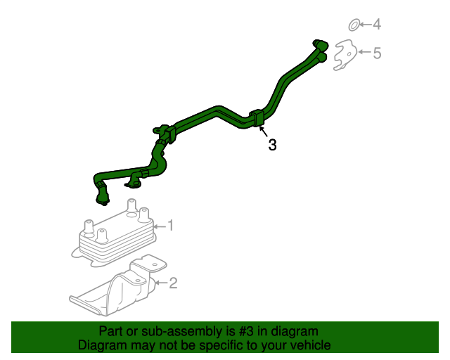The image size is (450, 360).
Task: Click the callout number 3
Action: pos(272,144)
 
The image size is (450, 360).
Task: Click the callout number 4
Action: pos(377,24)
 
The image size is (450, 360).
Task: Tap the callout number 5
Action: pos(377,53)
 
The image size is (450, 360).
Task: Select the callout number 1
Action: pos(170,226)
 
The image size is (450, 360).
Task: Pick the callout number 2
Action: pos(173,283)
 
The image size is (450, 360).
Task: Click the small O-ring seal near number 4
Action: pos(354,25)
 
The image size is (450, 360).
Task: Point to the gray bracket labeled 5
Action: pos(345,55)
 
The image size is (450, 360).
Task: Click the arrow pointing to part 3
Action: pos(264,131)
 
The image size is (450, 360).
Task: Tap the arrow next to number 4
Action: pos(366,25)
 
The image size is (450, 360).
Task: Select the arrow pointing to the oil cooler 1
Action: pos(160,226)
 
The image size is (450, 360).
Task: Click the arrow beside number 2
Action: pos(161,283)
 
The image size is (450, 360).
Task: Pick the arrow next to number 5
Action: pos(365,52)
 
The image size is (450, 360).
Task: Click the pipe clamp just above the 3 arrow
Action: pos(257,117)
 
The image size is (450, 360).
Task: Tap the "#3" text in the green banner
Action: pos(246,331)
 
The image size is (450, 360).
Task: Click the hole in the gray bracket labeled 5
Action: pos(349,54)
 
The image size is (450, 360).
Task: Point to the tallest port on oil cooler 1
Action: pos(131,205)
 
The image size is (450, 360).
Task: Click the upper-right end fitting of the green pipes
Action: pos(321,44)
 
